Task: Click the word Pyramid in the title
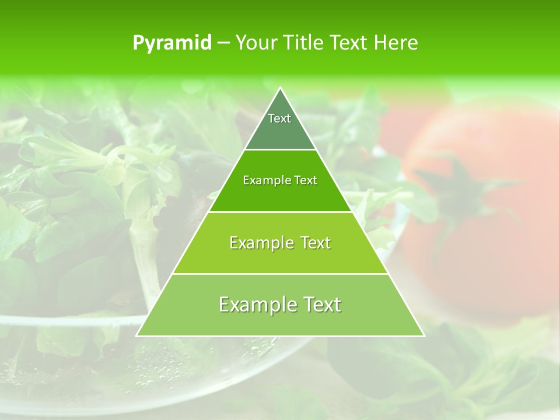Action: tap(172, 43)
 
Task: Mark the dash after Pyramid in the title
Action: tap(223, 43)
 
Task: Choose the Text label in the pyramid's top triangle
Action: tap(279, 119)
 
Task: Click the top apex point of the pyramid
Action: tap(280, 88)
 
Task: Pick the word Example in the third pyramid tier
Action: tap(260, 243)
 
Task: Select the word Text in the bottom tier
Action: tap(321, 304)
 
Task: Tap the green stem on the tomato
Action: tap(461, 187)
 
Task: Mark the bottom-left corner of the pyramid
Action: tap(136, 336)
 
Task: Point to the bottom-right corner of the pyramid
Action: tap(424, 336)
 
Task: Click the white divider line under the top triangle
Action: tap(280, 150)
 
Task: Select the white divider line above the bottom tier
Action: tap(280, 274)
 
